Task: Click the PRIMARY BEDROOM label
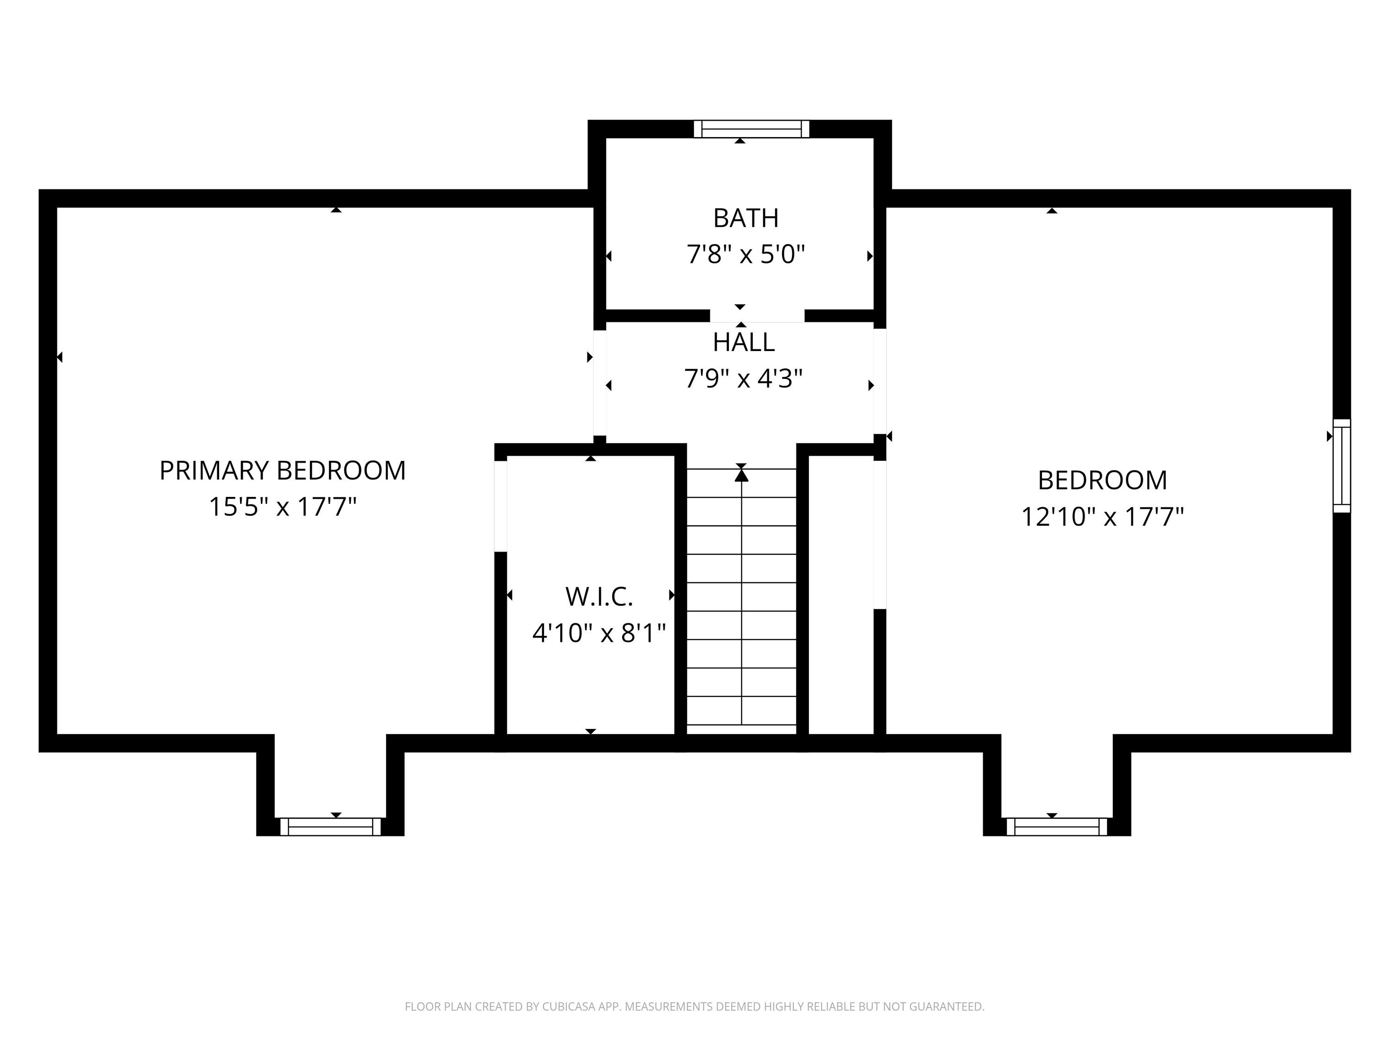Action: tap(282, 471)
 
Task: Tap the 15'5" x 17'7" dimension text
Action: tap(282, 507)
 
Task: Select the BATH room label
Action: tap(746, 218)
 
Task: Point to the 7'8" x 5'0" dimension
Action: tap(746, 254)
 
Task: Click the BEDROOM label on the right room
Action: tap(1102, 481)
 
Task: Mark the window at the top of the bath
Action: tap(752, 129)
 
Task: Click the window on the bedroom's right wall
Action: tap(1342, 466)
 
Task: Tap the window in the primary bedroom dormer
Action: tap(330, 827)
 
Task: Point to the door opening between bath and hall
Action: tap(757, 316)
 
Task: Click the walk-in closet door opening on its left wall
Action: tap(500, 506)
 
